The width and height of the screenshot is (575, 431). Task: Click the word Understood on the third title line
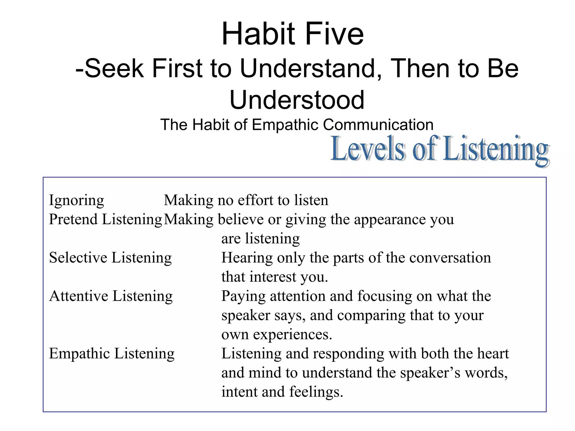(x=297, y=100)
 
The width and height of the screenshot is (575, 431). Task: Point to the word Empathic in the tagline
(x=285, y=125)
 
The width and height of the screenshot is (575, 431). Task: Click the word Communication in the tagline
(x=378, y=125)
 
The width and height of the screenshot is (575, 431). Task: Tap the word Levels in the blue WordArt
(x=368, y=149)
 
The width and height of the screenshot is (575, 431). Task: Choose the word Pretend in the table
(x=73, y=219)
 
